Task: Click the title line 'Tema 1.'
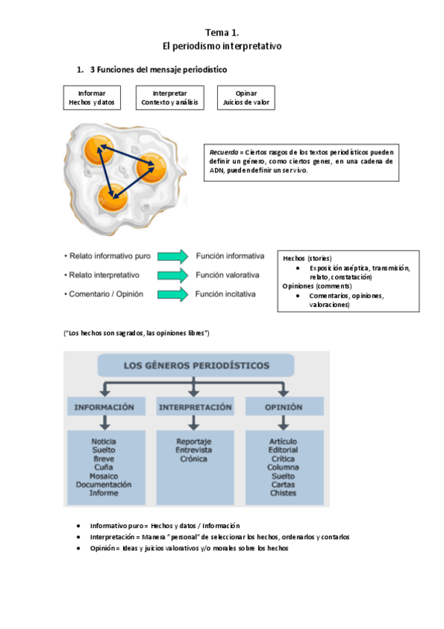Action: coord(222,33)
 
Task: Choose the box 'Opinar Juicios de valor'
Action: coord(246,99)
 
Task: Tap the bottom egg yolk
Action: coord(115,196)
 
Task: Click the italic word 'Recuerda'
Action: coord(224,151)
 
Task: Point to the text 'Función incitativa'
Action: coord(225,294)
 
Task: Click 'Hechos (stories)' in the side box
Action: coord(308,258)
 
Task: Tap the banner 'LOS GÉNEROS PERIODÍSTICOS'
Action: coord(194,366)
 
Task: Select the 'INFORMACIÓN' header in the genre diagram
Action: coord(105,407)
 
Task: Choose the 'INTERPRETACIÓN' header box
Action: coord(193,407)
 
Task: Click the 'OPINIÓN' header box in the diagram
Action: coord(283,407)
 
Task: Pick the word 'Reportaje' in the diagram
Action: coord(193,441)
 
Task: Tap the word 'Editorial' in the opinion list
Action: coord(283,449)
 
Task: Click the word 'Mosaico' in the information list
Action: coord(104,475)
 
